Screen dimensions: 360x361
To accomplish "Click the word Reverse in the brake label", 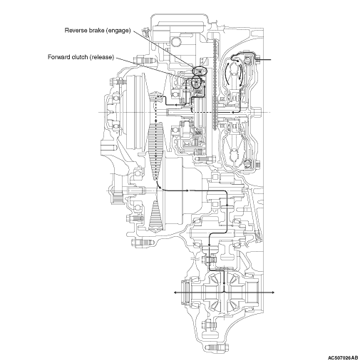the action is [x=76, y=31].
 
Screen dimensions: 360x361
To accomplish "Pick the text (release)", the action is [x=102, y=57].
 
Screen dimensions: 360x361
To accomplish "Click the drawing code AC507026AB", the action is [x=343, y=357].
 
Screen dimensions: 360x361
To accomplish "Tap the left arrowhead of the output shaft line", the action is [x=175, y=293].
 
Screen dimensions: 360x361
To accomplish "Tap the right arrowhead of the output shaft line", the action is [x=273, y=293].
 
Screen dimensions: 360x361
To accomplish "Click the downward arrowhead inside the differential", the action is [x=224, y=283].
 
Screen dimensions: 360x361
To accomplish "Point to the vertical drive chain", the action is [x=215, y=84].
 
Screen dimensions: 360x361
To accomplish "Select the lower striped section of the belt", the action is [x=155, y=216].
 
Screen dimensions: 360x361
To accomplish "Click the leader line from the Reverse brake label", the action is [x=164, y=49].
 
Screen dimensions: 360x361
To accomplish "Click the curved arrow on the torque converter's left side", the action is [x=227, y=73].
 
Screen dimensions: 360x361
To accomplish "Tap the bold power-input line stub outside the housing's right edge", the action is [x=264, y=59].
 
